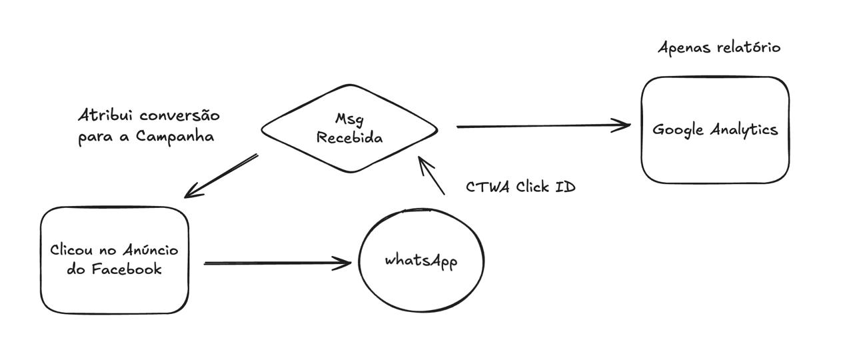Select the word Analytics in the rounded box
(x=744, y=130)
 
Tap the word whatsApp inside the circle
(x=421, y=261)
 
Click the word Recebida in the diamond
(x=350, y=137)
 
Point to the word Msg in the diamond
(x=350, y=119)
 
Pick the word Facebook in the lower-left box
(x=127, y=269)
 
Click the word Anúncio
(x=151, y=249)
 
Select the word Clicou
(x=71, y=250)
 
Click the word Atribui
(x=103, y=115)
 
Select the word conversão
(x=179, y=115)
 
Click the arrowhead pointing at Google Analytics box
(x=622, y=125)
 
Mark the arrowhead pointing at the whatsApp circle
(x=342, y=263)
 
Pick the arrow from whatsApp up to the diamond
(x=431, y=175)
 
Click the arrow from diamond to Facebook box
(x=221, y=176)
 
